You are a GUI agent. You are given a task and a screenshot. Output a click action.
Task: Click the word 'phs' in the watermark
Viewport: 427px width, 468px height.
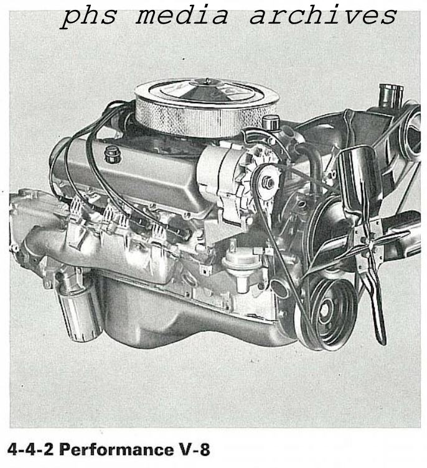[x=89, y=16]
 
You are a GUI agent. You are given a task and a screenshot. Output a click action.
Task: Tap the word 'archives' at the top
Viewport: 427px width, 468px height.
[x=322, y=16]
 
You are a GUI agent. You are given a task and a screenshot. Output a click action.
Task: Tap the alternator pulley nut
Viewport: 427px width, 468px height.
[x=267, y=183]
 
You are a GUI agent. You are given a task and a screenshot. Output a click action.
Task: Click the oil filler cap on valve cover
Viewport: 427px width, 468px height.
[x=112, y=154]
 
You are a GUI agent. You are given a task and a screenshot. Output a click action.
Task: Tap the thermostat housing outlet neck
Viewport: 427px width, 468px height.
[x=391, y=96]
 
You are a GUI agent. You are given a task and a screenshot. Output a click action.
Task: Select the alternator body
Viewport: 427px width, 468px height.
[x=224, y=174]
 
